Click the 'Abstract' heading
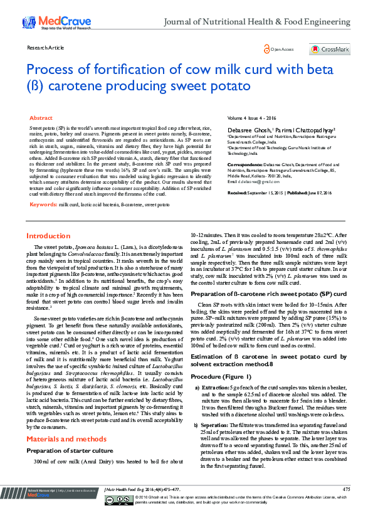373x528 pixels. click(41, 118)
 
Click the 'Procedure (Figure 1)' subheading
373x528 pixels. click(222, 376)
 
